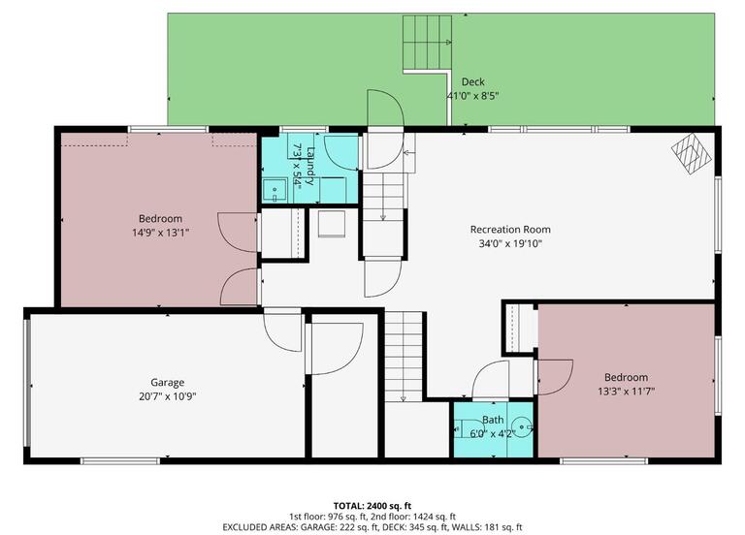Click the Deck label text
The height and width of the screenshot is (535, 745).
click(x=472, y=82)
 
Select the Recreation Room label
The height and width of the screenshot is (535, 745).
click(x=510, y=230)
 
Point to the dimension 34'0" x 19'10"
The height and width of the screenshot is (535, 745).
click(x=510, y=243)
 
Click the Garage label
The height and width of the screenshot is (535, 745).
click(x=167, y=382)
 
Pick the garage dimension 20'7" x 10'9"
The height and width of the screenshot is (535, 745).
click(x=167, y=395)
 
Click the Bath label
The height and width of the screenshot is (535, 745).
click(x=494, y=420)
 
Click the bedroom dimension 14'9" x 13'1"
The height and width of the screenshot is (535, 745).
click(x=160, y=232)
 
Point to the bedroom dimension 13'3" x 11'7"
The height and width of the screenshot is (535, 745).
click(x=626, y=391)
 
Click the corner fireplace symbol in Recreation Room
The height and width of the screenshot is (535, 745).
click(x=690, y=153)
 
